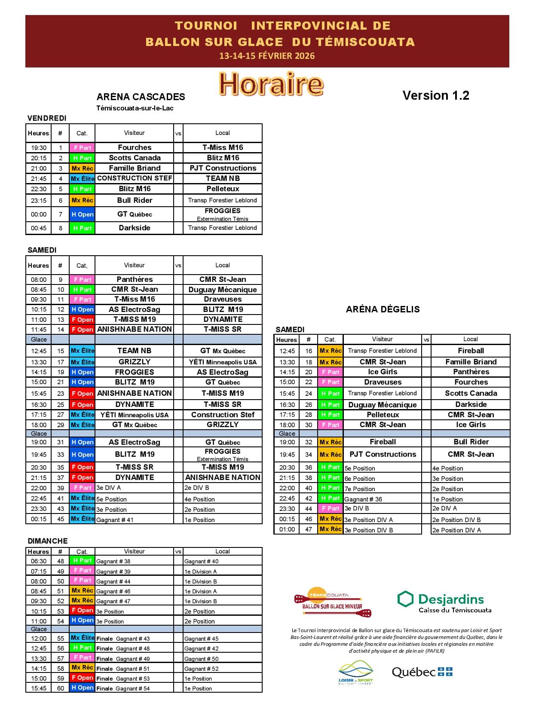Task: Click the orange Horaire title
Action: click(x=271, y=84)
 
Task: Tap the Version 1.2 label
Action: click(x=435, y=95)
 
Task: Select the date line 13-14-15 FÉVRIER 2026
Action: click(x=267, y=56)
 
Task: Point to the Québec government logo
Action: click(x=422, y=672)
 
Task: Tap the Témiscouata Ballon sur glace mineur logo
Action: click(x=333, y=602)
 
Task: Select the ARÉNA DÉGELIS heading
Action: click(x=383, y=309)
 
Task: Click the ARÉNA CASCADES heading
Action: click(x=141, y=97)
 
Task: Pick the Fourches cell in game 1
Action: click(x=135, y=147)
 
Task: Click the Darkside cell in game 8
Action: click(x=135, y=228)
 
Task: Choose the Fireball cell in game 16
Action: click(x=471, y=351)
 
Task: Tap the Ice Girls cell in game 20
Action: click(x=383, y=372)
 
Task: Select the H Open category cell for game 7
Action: click(x=82, y=214)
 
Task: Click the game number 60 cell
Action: click(x=61, y=688)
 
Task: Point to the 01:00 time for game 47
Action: click(x=287, y=529)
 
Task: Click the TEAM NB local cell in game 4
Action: click(x=223, y=178)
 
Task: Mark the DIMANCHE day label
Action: click(x=48, y=541)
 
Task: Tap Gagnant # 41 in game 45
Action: click(x=115, y=520)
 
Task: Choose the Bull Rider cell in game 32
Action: click(x=471, y=442)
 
